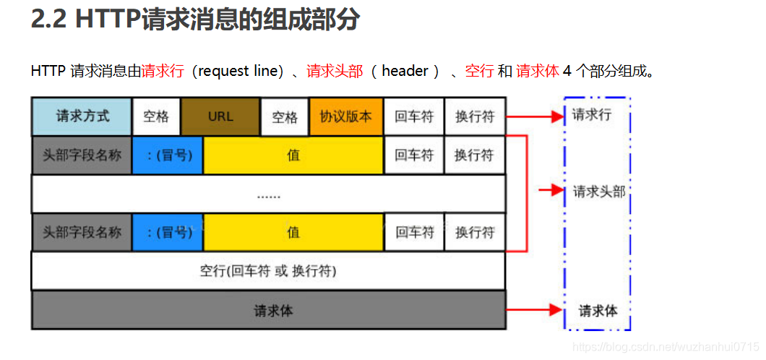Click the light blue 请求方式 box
click(82, 116)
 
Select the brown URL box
click(220, 116)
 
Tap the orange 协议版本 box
click(346, 116)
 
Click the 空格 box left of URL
click(156, 116)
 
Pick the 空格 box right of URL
click(285, 117)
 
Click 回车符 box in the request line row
click(414, 116)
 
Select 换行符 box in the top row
click(474, 116)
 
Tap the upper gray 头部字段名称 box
click(82, 155)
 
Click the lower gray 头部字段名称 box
click(82, 232)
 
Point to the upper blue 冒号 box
click(168, 155)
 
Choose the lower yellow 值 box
click(293, 232)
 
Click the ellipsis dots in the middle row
click(269, 194)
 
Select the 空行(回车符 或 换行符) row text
click(268, 272)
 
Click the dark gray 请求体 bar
click(268, 311)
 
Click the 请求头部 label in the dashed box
click(598, 192)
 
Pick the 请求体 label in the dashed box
click(598, 311)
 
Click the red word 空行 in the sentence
click(479, 71)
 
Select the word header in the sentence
click(405, 71)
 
